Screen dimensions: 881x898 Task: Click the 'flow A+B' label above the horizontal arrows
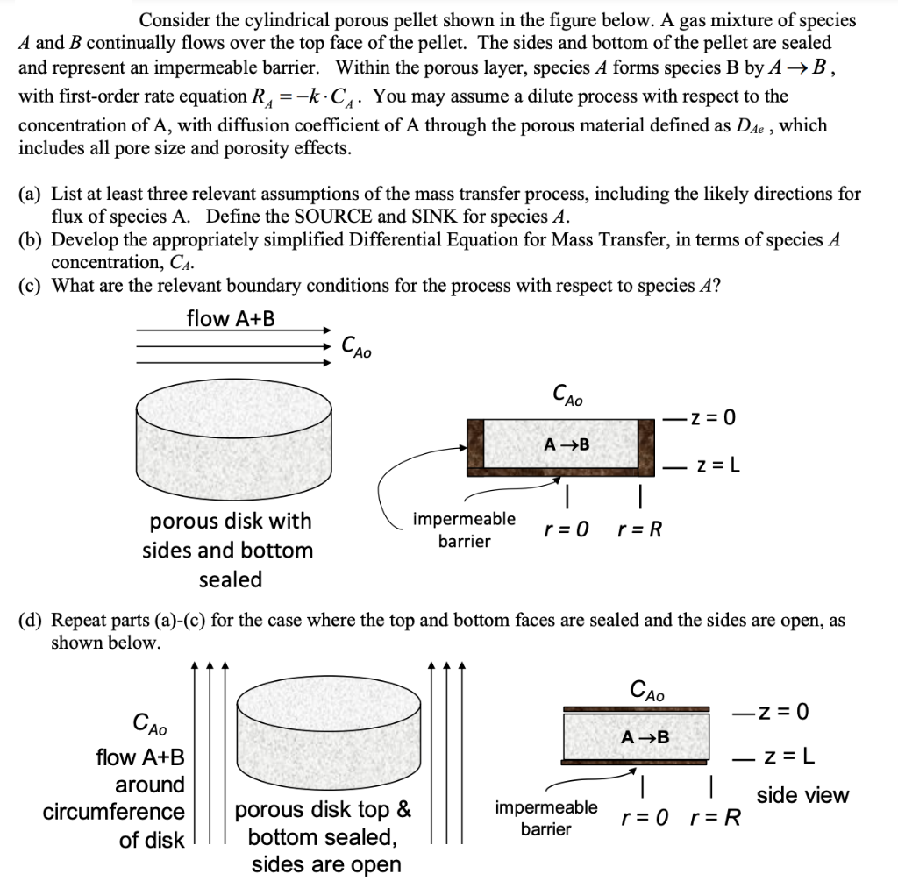point(231,318)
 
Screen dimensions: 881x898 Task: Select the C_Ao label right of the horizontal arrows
point(356,346)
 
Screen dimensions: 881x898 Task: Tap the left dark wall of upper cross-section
point(475,444)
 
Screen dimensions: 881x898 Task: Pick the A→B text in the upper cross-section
point(567,444)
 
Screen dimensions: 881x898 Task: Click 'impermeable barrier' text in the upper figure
point(464,529)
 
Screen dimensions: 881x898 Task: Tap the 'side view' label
point(802,795)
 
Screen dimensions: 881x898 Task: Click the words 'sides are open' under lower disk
point(326,865)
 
